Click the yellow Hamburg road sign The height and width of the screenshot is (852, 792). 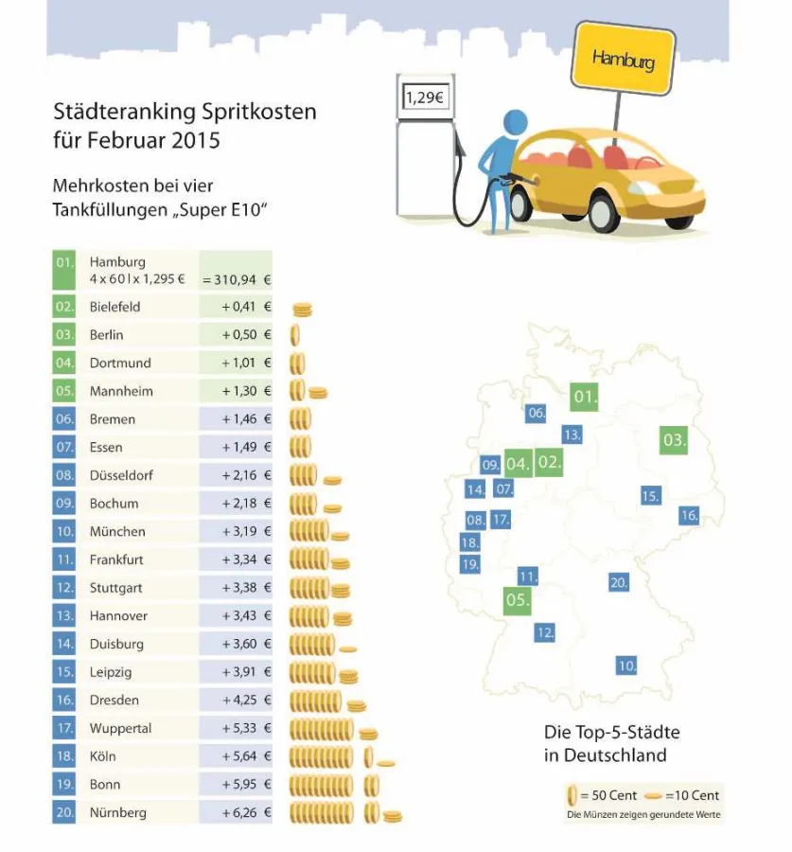click(623, 59)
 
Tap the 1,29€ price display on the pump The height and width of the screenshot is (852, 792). click(425, 97)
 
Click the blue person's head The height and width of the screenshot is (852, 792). click(515, 123)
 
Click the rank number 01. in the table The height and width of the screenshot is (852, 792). click(64, 262)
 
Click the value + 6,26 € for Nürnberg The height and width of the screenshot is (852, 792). click(246, 812)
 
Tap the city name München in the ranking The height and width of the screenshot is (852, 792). click(117, 531)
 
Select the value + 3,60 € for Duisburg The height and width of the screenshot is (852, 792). click(246, 644)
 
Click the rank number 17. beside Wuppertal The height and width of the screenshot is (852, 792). click(64, 728)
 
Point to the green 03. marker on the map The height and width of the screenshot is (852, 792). click(674, 440)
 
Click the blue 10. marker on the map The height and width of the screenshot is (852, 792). click(626, 666)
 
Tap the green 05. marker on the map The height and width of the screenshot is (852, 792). click(518, 600)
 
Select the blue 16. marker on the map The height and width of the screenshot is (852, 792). click(689, 515)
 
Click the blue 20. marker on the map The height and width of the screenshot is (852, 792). click(619, 582)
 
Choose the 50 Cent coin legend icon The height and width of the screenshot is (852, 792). click(572, 795)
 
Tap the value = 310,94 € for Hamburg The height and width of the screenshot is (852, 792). click(237, 279)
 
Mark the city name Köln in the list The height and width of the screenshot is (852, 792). click(104, 756)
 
